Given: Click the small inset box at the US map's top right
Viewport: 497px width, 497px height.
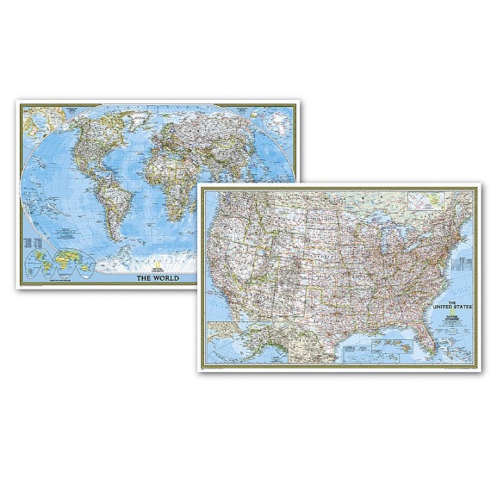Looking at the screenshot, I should [427, 200].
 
